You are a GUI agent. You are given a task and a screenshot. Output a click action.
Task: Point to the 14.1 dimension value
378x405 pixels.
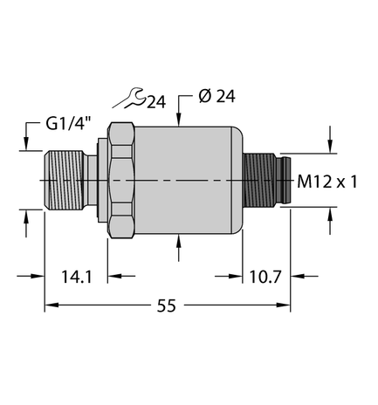74,277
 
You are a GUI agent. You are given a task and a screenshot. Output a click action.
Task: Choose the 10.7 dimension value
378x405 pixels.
263,277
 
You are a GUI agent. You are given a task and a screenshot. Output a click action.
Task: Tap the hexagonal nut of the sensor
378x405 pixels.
121,181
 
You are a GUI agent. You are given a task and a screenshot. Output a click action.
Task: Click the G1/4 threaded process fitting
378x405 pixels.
62,181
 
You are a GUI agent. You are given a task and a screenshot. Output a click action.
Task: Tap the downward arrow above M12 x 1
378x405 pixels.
330,140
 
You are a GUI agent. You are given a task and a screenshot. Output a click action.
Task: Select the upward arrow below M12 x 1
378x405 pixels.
330,223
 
